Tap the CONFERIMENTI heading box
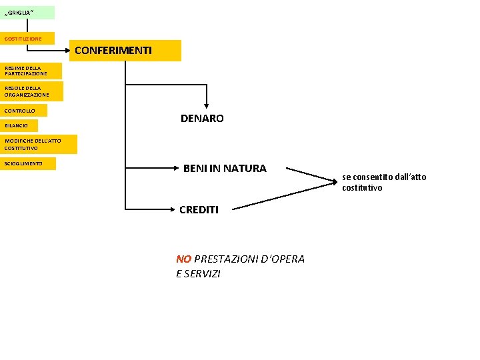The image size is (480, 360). tap(125, 51)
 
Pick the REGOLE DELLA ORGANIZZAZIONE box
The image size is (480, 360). tap(31, 91)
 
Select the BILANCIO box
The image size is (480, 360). tap(19, 125)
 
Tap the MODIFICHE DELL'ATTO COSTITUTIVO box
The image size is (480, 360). tap(39, 144)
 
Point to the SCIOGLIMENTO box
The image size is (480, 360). tap(28, 163)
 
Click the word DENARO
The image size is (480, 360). tap(202, 119)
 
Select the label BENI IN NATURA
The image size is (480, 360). tap(225, 169)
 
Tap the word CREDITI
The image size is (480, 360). tap(199, 209)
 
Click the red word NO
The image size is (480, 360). tap(183, 259)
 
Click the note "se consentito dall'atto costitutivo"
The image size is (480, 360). tap(383, 182)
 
